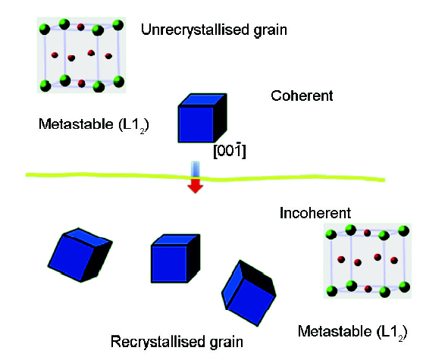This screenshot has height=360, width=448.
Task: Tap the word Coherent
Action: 302,96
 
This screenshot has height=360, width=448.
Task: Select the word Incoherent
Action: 315,213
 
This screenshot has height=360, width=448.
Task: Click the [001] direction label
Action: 230,150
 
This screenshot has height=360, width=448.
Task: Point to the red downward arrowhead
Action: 195,186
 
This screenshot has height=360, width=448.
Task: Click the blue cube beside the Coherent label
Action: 202,117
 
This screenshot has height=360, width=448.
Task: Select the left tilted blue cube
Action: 80,255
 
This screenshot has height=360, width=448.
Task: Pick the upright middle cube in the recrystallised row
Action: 175,258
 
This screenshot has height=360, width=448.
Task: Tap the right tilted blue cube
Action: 249,293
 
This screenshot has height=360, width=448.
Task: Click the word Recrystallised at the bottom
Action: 158,342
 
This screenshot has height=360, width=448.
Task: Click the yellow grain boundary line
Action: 205,177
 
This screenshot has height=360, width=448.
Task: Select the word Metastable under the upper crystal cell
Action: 76,124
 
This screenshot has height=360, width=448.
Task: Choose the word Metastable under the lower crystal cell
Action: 335,331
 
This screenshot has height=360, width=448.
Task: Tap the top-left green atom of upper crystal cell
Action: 44,29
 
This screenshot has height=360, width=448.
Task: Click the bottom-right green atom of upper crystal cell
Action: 118,81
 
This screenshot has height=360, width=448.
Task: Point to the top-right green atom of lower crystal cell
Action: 403,230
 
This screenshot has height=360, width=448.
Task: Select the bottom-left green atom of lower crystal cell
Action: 332,291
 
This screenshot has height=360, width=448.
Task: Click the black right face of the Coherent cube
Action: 221,117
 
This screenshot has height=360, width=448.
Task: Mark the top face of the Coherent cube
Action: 202,100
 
